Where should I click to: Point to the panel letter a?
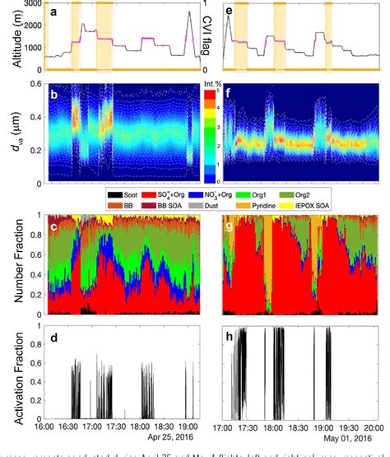click(53, 12)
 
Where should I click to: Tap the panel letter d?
click(53, 331)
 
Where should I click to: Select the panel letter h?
click(231, 331)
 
